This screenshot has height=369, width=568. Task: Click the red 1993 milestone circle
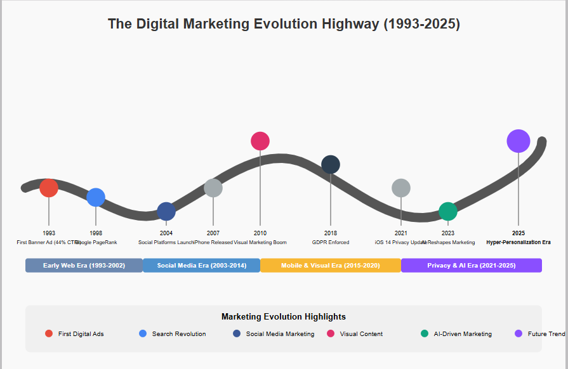pos(49,188)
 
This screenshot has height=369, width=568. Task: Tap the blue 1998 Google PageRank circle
pos(96,198)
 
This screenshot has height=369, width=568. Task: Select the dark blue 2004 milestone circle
pos(166,212)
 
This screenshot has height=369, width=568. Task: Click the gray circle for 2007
pos(213,188)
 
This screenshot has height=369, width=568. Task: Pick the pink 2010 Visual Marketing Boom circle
pos(260,141)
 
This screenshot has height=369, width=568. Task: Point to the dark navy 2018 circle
pos(331,165)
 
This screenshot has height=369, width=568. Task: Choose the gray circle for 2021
pos(401,188)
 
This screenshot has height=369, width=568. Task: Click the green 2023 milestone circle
pos(448,212)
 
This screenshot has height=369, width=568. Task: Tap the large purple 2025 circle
pos(518,141)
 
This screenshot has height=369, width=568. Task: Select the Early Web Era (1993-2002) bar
pos(84,266)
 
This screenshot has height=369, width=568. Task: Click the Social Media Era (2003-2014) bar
pos(202,266)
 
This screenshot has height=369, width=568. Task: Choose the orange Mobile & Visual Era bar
pos(331,266)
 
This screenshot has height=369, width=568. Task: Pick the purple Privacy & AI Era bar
pos(472,266)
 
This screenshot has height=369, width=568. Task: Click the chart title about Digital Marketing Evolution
pos(284,24)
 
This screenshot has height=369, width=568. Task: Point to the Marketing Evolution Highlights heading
pos(284,316)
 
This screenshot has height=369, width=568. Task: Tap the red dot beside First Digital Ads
pos(49,334)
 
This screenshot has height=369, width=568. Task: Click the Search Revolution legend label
pos(179,334)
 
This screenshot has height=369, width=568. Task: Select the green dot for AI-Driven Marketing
pos(425,334)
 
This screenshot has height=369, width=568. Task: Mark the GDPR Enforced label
pos(331,242)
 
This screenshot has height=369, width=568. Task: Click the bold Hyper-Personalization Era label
pos(518,242)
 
